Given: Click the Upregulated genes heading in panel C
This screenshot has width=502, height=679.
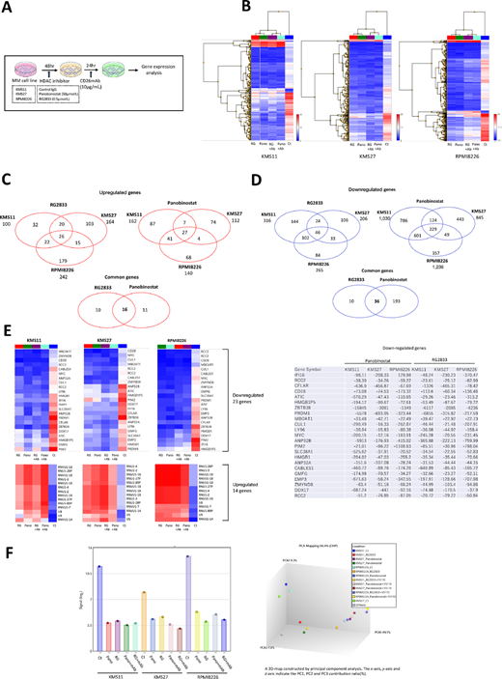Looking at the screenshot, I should [125, 181].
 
